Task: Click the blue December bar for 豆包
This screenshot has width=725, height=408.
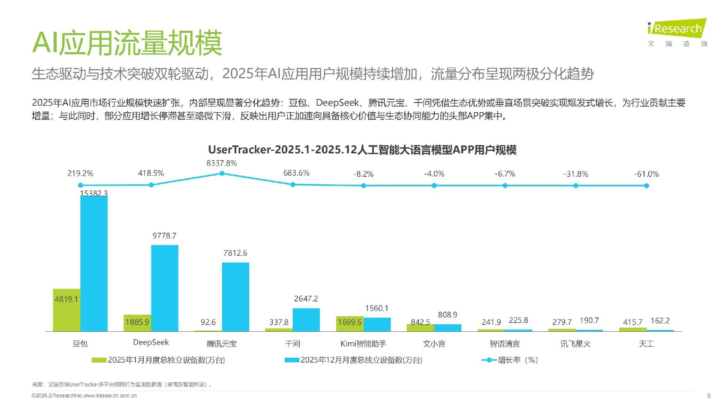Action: click(x=94, y=264)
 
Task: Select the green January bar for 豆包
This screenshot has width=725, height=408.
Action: click(x=66, y=310)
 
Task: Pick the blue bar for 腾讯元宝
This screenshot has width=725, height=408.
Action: click(x=235, y=297)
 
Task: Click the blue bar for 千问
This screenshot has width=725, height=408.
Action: click(x=306, y=320)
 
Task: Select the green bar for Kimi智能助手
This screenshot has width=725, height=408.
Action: click(x=350, y=324)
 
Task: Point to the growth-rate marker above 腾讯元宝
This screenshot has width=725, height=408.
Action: click(x=222, y=173)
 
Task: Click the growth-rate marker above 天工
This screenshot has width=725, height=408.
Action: click(x=646, y=185)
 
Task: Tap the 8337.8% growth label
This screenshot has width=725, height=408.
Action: click(x=222, y=163)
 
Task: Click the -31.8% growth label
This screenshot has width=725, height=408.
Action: click(x=575, y=174)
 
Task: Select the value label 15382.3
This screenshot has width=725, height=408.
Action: click(x=94, y=193)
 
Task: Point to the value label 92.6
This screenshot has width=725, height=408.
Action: click(x=208, y=322)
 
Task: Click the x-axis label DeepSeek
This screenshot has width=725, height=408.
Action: click(x=151, y=342)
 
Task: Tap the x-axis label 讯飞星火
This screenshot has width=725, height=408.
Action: click(x=575, y=344)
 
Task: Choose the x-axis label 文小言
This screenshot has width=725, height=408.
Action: click(x=434, y=344)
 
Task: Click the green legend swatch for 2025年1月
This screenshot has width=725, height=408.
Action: click(x=99, y=360)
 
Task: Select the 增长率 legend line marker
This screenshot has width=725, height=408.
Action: click(x=489, y=360)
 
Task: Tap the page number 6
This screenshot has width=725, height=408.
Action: click(x=709, y=396)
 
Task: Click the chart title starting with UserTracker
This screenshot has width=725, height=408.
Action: click(x=362, y=150)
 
